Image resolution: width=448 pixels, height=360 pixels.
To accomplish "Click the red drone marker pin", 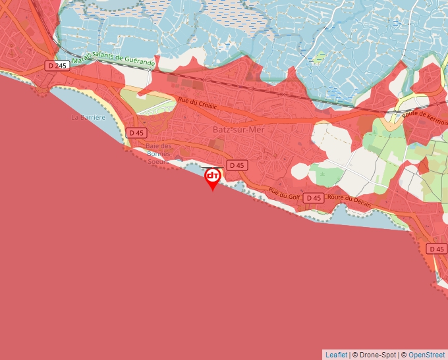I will coord(212,178).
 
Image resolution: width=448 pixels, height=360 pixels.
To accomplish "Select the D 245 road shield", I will coord(57,65).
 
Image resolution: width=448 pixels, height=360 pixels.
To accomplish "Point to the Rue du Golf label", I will coord(284,193).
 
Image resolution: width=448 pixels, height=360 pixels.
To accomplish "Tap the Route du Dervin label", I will coord(349,201).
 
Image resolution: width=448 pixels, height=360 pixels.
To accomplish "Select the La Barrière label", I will coord(88,118).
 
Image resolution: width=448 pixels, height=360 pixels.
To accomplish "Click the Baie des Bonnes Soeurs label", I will coord(159,153).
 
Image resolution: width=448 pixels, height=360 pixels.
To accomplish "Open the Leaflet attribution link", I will coord(336,355).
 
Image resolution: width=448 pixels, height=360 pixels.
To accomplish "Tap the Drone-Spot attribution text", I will coord(376,355).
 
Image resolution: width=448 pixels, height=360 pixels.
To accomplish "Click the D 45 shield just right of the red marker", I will coord(236,165).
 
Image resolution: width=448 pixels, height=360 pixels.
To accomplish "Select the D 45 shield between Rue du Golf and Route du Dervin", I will coord(314,197).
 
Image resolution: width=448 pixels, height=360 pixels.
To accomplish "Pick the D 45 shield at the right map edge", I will coord(436,249).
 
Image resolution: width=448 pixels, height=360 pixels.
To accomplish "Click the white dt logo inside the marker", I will coord(212,176).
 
